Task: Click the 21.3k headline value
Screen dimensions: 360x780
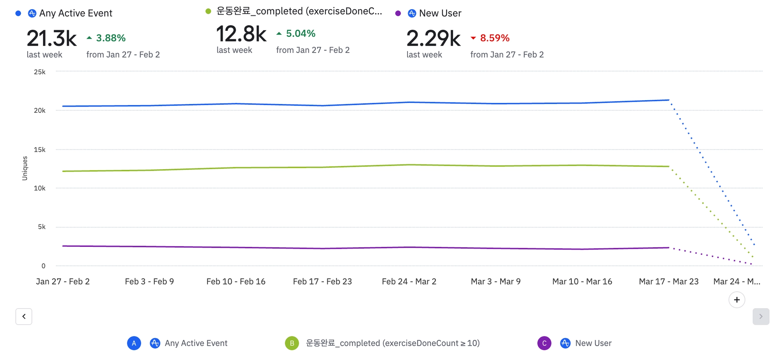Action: click(51, 38)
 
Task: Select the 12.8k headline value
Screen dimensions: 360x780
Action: click(241, 34)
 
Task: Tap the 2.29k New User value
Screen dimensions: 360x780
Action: click(433, 38)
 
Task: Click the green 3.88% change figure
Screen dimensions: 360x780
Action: click(110, 38)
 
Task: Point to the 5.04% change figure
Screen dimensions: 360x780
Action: click(300, 34)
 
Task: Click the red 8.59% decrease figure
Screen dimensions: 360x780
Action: click(494, 38)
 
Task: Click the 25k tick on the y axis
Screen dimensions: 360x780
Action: click(40, 72)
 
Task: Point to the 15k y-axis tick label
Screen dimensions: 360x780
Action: click(40, 150)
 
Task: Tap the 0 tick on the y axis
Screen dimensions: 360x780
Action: click(43, 266)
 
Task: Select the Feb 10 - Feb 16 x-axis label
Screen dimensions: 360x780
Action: click(236, 282)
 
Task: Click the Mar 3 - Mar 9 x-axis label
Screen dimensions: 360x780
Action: click(495, 282)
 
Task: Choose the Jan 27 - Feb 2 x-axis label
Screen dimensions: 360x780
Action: click(63, 282)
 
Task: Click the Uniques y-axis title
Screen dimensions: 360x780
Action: click(25, 168)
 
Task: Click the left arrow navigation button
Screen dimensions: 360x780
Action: click(24, 317)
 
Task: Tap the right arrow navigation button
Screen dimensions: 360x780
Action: click(761, 317)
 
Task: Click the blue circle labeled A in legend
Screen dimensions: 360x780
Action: click(134, 343)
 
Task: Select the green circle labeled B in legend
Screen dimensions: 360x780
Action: click(292, 343)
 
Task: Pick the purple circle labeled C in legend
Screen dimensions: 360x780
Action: click(544, 343)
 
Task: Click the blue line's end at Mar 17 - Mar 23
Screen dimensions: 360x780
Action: click(669, 100)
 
